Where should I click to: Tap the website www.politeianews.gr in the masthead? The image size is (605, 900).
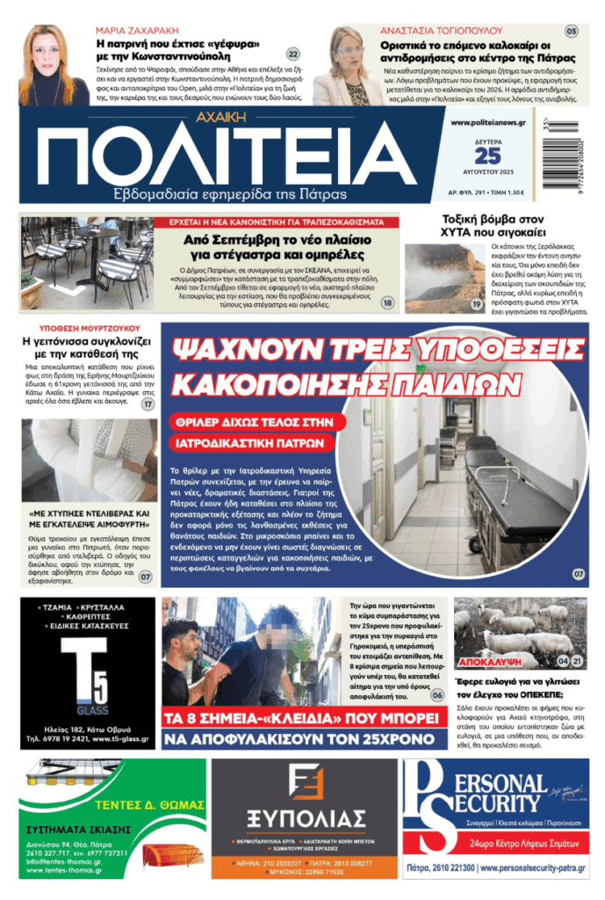(487, 123)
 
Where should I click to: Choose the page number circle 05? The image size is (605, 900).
(572, 32)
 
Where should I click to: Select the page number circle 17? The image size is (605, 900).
(148, 404)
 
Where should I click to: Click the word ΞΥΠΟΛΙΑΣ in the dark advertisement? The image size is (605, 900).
(304, 819)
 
